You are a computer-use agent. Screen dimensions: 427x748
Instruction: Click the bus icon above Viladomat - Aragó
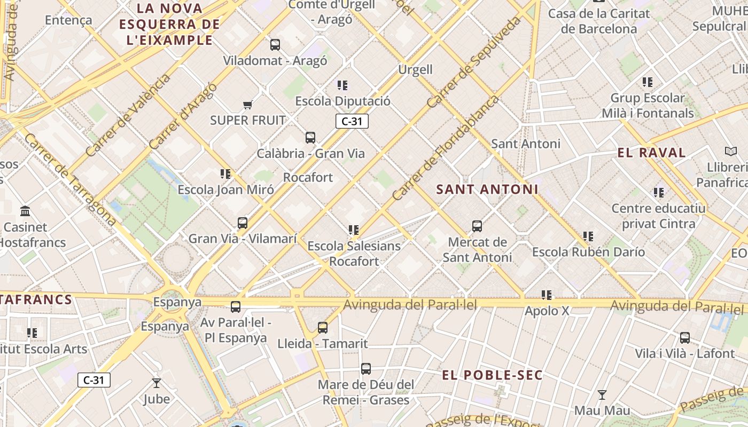pos(275,45)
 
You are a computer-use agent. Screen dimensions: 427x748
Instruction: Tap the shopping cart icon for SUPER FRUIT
pos(247,105)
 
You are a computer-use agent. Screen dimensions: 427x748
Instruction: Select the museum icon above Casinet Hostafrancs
pos(25,211)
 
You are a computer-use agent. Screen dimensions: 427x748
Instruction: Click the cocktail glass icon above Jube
pos(157,383)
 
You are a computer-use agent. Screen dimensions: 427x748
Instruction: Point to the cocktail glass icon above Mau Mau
pos(602,395)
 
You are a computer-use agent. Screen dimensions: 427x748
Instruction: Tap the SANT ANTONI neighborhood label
pos(487,189)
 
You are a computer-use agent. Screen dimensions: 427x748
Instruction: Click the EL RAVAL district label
pos(651,153)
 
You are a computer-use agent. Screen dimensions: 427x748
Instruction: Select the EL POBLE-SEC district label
pos(492,375)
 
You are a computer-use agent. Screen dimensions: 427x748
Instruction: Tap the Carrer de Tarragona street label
pos(70,179)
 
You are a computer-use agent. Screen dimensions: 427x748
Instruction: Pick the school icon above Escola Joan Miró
pos(225,173)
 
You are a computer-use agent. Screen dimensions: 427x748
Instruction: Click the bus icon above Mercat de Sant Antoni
pos(477,226)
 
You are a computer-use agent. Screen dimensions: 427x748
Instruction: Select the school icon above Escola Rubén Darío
pos(588,236)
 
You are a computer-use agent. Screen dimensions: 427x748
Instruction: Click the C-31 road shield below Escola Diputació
pos(352,121)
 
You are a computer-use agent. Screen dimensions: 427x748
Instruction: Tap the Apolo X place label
pos(547,311)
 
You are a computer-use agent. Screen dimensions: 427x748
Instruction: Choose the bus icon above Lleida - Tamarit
pos(323,328)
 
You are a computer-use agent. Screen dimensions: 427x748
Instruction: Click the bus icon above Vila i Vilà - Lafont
pos(685,338)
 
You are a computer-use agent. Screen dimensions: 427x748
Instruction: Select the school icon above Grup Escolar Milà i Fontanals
pos(648,82)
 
